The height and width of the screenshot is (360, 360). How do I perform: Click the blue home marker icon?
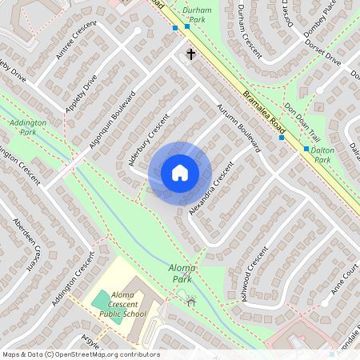[x=179, y=172]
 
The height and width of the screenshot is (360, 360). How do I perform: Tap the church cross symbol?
[x=191, y=54]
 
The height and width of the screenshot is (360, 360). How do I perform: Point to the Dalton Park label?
[x=322, y=154]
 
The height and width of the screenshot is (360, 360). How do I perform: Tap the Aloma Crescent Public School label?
[x=122, y=305]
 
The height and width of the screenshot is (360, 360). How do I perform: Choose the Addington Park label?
[x=28, y=127]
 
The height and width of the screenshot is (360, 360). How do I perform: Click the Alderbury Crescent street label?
[x=150, y=140]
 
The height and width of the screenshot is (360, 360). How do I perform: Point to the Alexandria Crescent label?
[x=210, y=189]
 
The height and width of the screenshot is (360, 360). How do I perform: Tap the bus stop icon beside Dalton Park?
[x=306, y=149]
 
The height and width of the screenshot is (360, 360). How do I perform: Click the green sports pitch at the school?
[x=102, y=300]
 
